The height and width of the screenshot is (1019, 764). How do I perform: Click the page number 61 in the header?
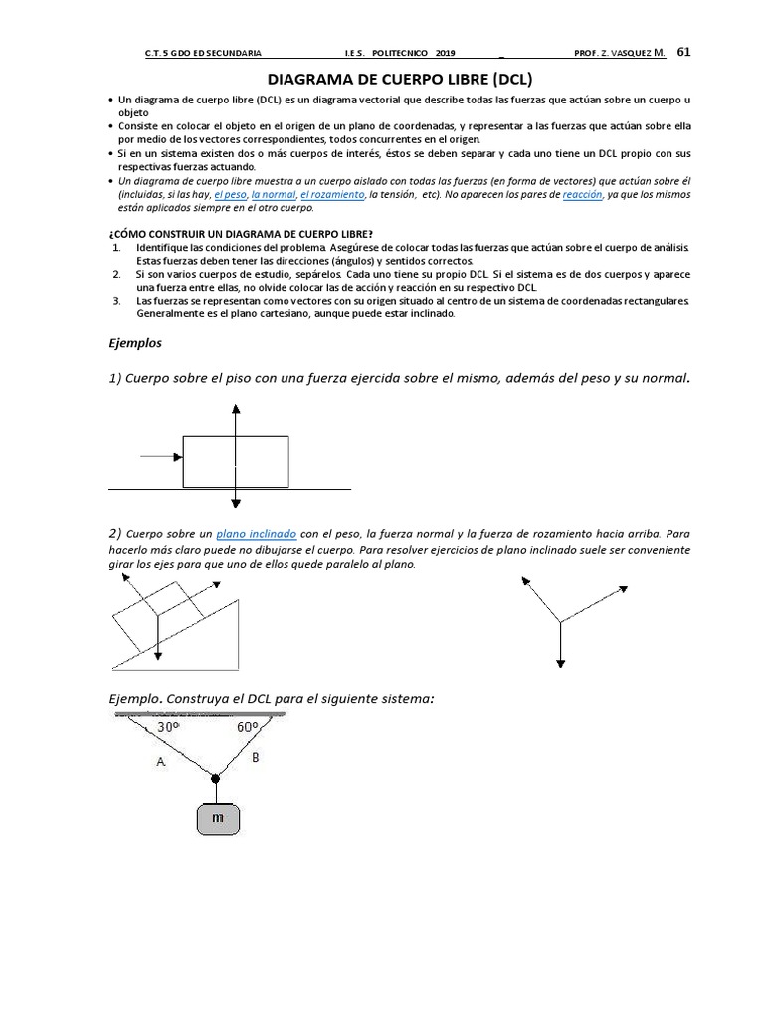683,52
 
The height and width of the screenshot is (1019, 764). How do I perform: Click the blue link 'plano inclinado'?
257,534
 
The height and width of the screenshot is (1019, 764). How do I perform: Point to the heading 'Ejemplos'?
134,342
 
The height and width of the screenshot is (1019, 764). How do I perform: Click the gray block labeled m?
217,819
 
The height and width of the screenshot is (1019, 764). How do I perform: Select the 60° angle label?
249,727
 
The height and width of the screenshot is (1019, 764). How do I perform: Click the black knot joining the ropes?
215,778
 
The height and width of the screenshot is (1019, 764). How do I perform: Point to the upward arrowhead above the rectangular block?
236,408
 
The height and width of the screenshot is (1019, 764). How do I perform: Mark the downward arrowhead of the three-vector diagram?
561,663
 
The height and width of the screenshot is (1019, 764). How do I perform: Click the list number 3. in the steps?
116,300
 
